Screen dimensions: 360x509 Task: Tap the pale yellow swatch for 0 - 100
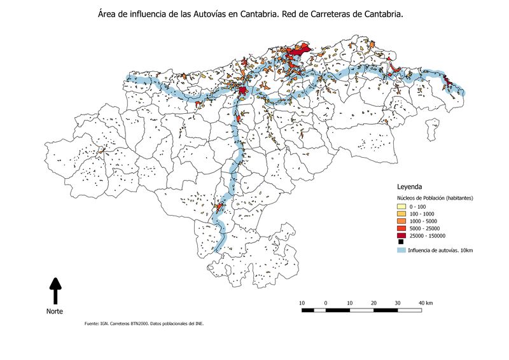point(401,207)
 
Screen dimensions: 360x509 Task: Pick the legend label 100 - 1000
point(422,214)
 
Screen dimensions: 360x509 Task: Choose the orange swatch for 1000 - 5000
point(401,221)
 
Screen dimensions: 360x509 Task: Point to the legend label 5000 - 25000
point(424,228)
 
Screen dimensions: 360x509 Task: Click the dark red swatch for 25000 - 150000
point(401,235)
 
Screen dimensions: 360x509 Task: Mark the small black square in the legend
point(401,242)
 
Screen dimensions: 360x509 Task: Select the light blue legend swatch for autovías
point(401,251)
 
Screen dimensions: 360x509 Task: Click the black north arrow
point(55,290)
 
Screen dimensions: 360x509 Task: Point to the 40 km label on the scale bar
point(425,302)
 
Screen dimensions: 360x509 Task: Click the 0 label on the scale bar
point(325,302)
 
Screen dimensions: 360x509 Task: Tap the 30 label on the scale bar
point(398,302)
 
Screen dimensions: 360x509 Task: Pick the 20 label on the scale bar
point(373,302)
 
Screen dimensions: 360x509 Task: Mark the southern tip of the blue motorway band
point(219,249)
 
